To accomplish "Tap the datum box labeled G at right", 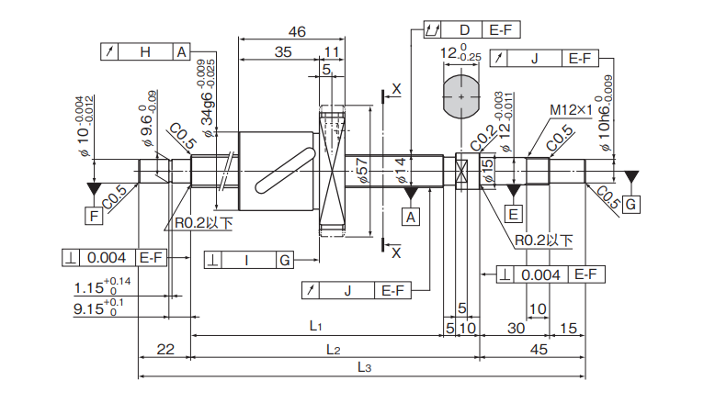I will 631,204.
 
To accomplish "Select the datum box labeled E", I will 514,215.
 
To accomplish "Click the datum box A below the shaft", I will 411,216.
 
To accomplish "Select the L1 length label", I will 315,326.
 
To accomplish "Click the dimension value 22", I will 165,349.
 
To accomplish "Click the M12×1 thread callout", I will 570,110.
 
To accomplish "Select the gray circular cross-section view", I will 460,95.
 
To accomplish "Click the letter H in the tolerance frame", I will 145,51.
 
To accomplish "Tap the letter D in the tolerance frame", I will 464,30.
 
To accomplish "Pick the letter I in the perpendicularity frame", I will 247,261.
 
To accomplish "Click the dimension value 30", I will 515,328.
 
